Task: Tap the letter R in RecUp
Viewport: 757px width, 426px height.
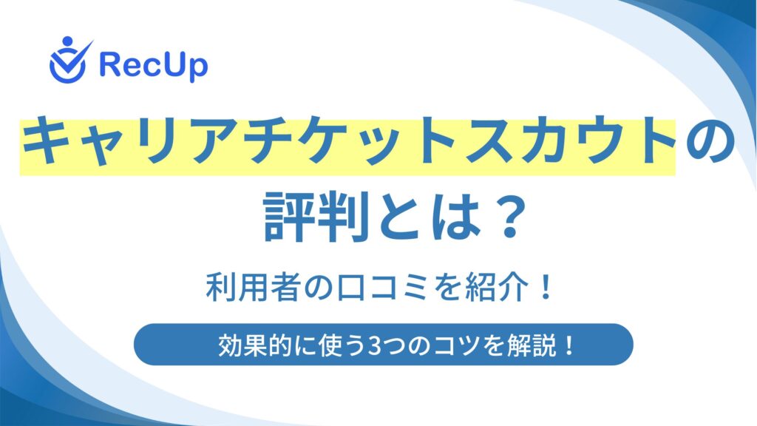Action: pyautogui.click(x=109, y=65)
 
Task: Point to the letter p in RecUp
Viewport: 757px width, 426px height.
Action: pyautogui.click(x=198, y=69)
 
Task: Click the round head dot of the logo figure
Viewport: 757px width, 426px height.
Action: pyautogui.click(x=67, y=41)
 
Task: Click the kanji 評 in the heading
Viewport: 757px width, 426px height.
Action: pyautogui.click(x=289, y=216)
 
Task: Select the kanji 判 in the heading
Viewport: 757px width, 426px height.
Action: pyautogui.click(x=344, y=216)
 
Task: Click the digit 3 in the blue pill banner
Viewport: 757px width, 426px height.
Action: pyautogui.click(x=373, y=346)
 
